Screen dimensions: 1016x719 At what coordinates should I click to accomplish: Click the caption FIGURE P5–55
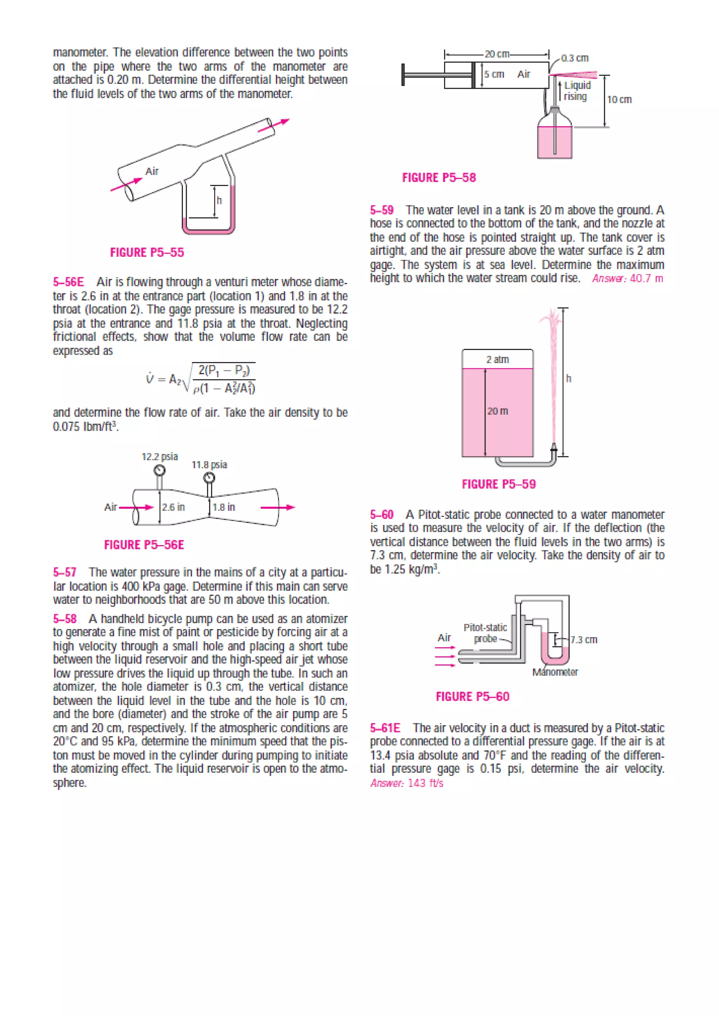[147, 253]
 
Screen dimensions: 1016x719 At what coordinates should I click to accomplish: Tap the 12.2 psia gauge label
[160, 457]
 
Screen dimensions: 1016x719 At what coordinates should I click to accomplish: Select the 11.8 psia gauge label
[209, 464]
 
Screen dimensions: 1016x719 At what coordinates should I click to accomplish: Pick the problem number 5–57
[65, 573]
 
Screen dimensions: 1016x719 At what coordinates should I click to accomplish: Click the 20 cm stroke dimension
[497, 54]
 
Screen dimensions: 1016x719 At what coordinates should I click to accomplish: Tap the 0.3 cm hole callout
[575, 58]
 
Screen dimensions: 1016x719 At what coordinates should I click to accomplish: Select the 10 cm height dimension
[619, 100]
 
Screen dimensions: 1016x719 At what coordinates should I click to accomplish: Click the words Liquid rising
[577, 91]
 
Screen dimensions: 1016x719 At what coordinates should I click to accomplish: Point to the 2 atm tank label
[497, 359]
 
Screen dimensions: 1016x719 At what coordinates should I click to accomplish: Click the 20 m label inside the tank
[497, 411]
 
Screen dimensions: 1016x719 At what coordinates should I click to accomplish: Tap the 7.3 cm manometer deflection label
[583, 640]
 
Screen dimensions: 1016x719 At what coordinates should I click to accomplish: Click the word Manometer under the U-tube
[555, 672]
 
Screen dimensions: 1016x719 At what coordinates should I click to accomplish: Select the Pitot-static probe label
[485, 633]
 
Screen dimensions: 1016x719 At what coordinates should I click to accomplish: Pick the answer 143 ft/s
[407, 783]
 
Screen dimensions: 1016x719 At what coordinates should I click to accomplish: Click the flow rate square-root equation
[200, 379]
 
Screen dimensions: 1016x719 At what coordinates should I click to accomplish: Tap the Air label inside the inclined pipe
[152, 171]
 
